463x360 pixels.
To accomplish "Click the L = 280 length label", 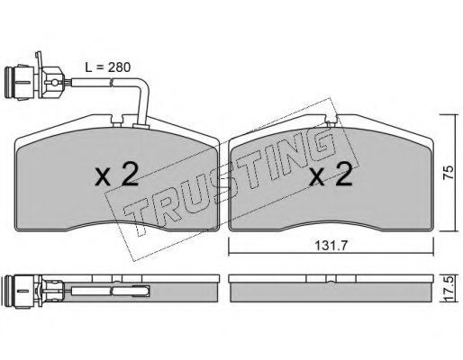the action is click(108, 67).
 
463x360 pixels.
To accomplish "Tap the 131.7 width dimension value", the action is click(331, 246).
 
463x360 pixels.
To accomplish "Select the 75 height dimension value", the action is click(448, 173).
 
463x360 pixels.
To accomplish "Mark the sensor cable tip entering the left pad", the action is click(141, 125).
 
